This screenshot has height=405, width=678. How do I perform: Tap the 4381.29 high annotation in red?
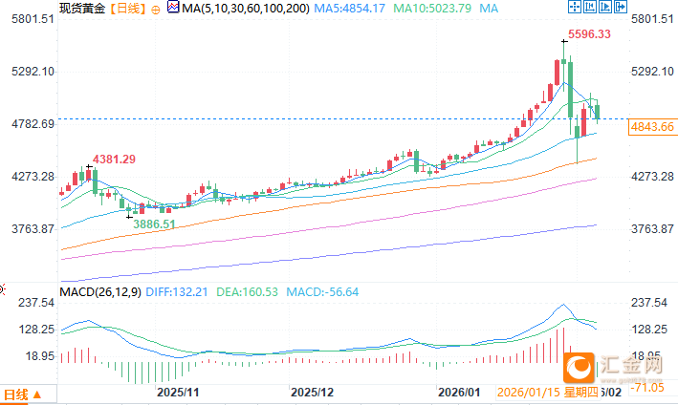pyautogui.click(x=113, y=159)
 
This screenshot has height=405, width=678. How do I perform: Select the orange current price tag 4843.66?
pyautogui.click(x=653, y=127)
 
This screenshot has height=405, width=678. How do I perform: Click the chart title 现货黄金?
pyautogui.click(x=81, y=9)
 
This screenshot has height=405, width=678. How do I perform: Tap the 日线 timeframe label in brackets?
pyautogui.click(x=127, y=9)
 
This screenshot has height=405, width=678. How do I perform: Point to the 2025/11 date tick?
pyautogui.click(x=177, y=393)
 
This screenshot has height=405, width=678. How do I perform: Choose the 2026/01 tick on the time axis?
pyautogui.click(x=458, y=393)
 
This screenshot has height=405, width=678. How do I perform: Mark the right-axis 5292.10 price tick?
pyautogui.click(x=651, y=73)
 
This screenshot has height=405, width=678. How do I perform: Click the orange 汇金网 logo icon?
pyautogui.click(x=579, y=366)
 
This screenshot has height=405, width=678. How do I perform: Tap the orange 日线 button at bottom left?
pyautogui.click(x=21, y=394)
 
